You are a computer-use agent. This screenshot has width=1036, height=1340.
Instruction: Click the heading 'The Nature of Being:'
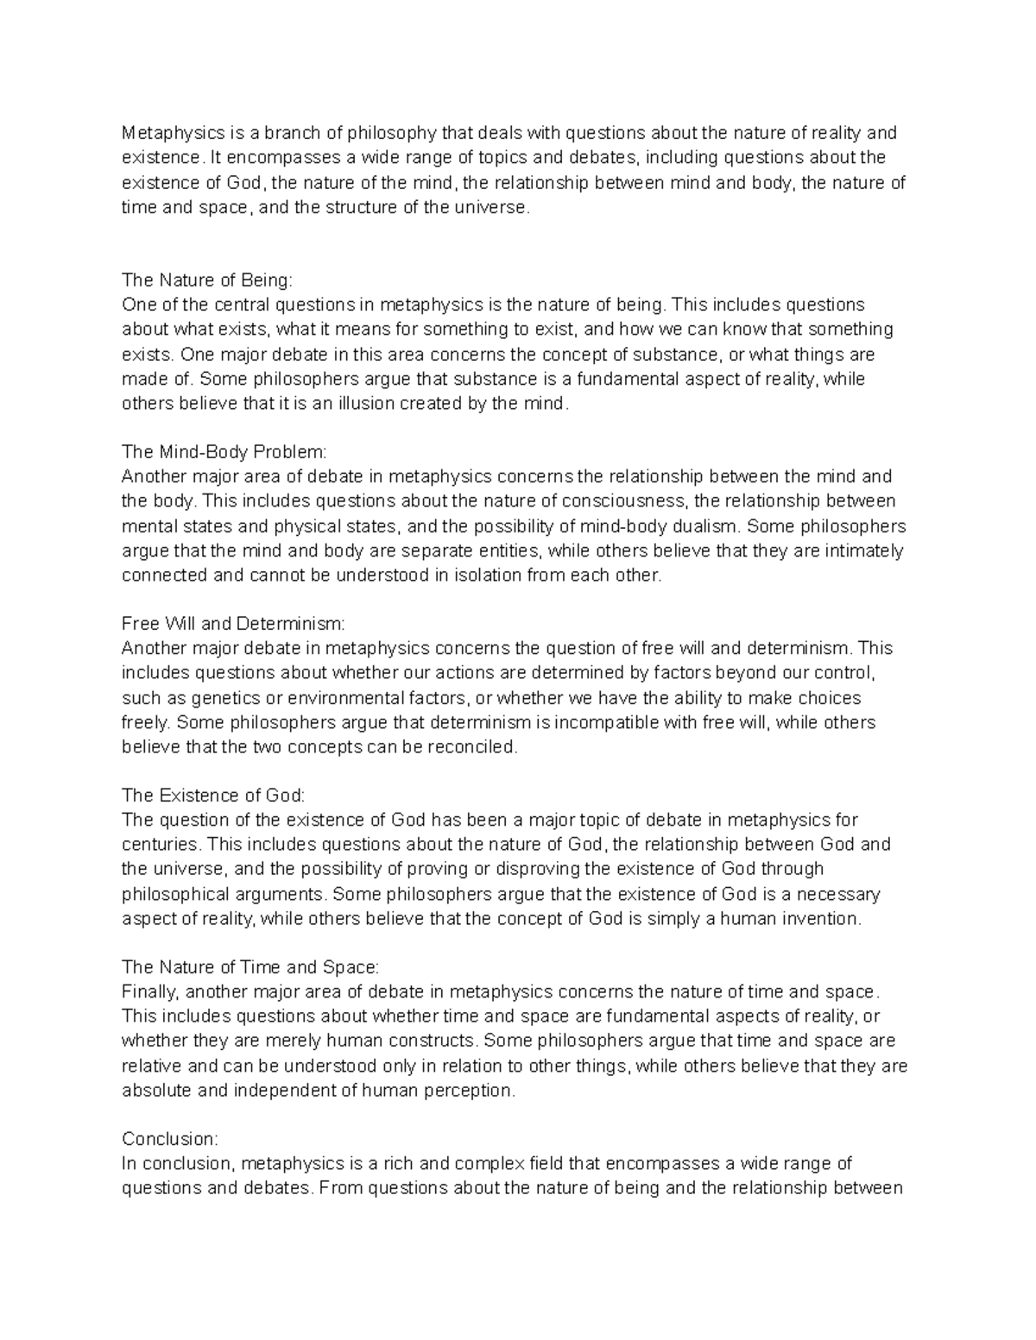pos(207,280)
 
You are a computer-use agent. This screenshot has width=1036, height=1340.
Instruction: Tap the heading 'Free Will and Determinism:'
pos(233,624)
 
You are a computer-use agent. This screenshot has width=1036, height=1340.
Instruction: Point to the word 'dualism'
pos(710,526)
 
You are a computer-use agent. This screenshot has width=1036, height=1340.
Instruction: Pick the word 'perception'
pos(472,1091)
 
